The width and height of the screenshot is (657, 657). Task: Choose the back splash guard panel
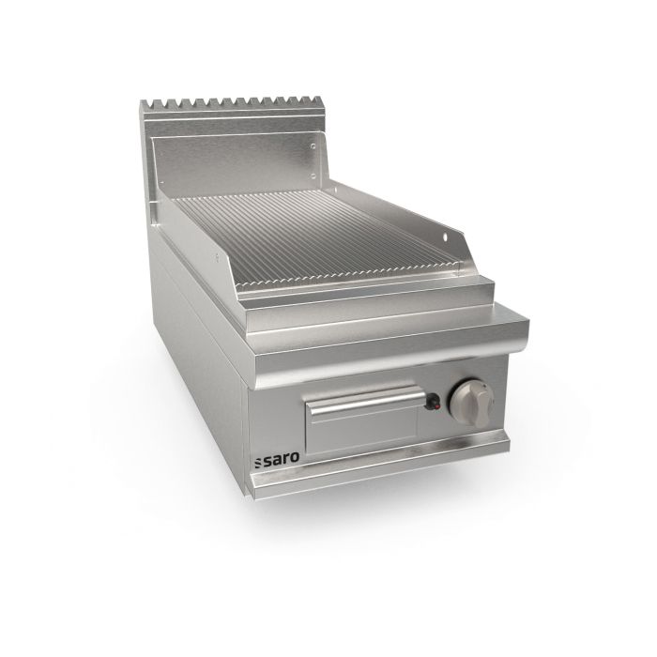[x=235, y=150]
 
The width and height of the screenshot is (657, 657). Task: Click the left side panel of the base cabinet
[x=197, y=375]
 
